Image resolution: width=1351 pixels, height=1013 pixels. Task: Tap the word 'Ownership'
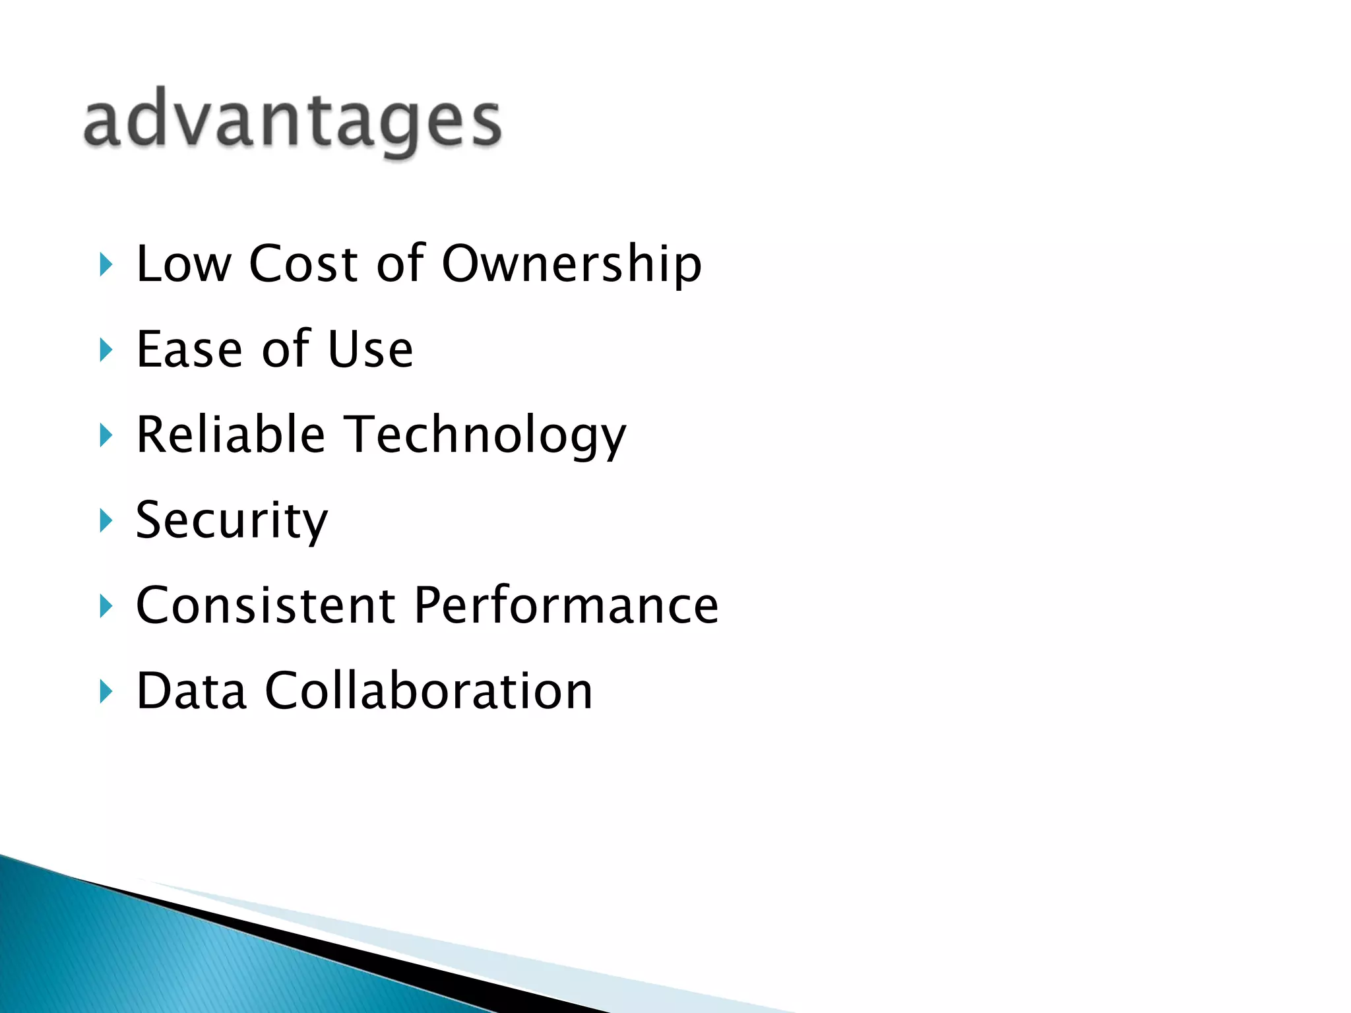coord(571,264)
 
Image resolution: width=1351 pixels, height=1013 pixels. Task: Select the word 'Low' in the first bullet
coord(183,264)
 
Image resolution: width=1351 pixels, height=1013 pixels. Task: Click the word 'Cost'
coord(303,264)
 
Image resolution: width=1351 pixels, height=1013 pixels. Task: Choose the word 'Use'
coord(370,349)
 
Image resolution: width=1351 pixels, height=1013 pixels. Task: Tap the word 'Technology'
coord(486,436)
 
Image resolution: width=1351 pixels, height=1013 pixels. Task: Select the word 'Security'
coord(232,520)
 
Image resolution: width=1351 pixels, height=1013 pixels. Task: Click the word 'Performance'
coord(566,605)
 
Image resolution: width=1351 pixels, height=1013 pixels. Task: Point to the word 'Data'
coord(191,691)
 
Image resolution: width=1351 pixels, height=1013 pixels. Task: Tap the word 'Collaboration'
coord(429,691)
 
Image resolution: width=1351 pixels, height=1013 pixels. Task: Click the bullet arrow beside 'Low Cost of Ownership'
coord(106,264)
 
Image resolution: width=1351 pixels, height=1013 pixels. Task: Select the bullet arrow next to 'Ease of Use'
coord(106,350)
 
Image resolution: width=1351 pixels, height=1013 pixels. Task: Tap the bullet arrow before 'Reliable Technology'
coord(106,435)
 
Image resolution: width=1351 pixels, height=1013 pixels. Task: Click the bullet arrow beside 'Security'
coord(106,521)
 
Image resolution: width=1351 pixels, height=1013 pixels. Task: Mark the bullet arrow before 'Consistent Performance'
coord(106,606)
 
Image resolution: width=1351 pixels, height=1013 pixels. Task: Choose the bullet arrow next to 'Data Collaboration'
coord(106,692)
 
